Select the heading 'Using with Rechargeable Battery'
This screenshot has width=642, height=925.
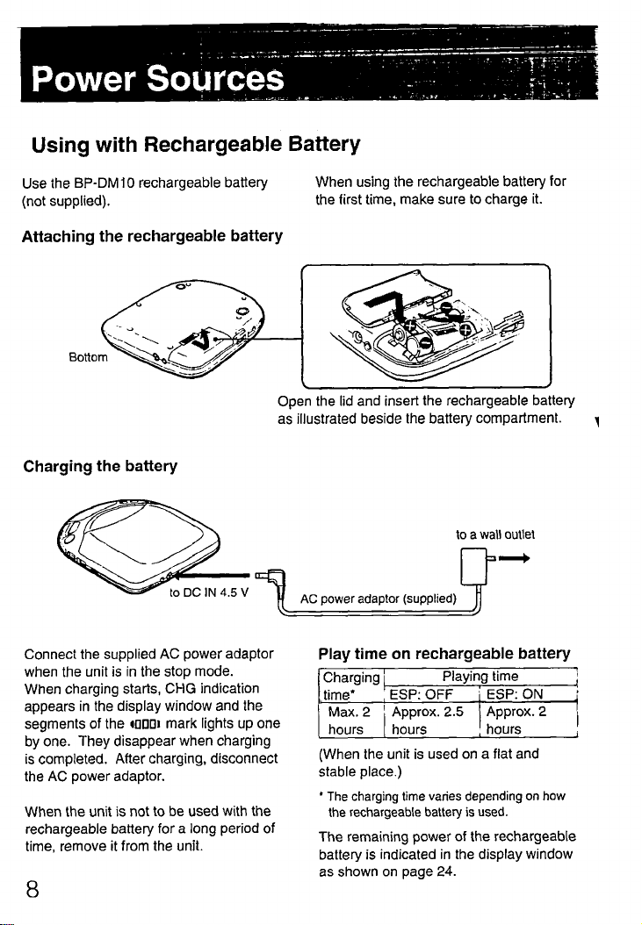(x=191, y=143)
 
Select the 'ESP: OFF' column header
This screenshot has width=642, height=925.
(x=421, y=696)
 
